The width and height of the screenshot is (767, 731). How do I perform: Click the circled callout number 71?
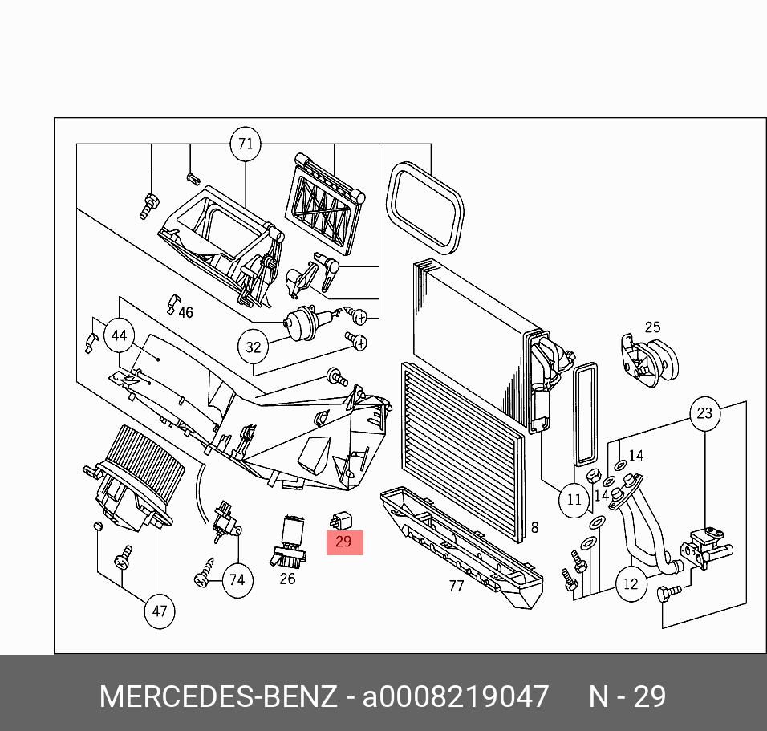[246, 144]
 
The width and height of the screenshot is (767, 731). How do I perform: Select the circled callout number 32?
[253, 347]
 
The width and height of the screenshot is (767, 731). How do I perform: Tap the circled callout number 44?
[120, 335]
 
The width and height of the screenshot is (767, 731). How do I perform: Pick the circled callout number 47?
[160, 611]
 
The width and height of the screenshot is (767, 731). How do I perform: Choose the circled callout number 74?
[237, 580]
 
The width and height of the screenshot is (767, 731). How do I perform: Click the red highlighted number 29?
[344, 542]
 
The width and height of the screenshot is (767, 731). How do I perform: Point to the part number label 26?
[287, 579]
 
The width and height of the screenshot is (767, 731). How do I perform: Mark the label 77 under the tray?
[457, 585]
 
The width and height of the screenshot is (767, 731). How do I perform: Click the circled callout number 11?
[574, 500]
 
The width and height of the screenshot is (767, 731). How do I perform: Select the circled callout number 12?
[631, 583]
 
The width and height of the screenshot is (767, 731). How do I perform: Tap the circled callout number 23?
[705, 413]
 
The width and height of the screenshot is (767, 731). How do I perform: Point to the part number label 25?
[652, 327]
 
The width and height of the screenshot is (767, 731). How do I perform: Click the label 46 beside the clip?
[186, 312]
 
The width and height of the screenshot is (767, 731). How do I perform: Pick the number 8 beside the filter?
[534, 527]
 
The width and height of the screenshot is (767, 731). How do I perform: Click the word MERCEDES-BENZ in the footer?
[218, 696]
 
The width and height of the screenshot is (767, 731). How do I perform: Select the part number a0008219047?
[456, 696]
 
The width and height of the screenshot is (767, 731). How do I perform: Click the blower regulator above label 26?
[288, 541]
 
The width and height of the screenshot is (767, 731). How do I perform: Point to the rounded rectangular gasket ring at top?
[424, 208]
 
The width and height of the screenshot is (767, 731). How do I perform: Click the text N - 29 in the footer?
[627, 696]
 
